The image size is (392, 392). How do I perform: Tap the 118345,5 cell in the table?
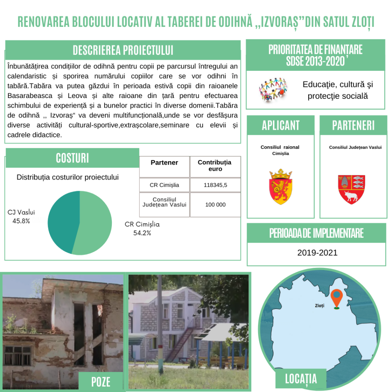point(215,185)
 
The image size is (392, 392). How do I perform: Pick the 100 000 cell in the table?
point(215,205)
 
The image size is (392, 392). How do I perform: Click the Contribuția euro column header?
point(214,165)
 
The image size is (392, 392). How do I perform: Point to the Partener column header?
point(164,163)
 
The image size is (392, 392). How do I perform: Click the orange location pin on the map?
point(336,298)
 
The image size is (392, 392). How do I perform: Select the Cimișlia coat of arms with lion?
point(281,186)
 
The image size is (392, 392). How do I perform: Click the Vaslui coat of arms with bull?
point(351,189)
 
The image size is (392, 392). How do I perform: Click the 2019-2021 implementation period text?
point(317,253)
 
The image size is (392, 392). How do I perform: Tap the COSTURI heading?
point(72,158)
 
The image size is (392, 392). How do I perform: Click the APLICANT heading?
point(281,125)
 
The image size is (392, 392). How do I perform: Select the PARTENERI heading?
point(353,125)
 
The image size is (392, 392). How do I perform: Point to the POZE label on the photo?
point(101,381)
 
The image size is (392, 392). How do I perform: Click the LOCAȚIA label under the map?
point(301,379)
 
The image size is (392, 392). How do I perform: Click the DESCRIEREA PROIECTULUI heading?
point(123,50)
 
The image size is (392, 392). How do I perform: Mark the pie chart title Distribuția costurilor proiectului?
point(67,177)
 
